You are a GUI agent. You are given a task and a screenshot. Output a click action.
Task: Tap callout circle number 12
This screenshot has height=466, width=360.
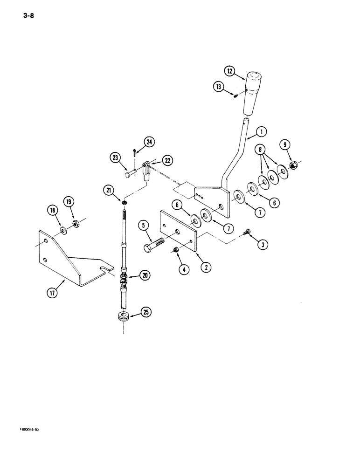(x=229, y=72)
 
